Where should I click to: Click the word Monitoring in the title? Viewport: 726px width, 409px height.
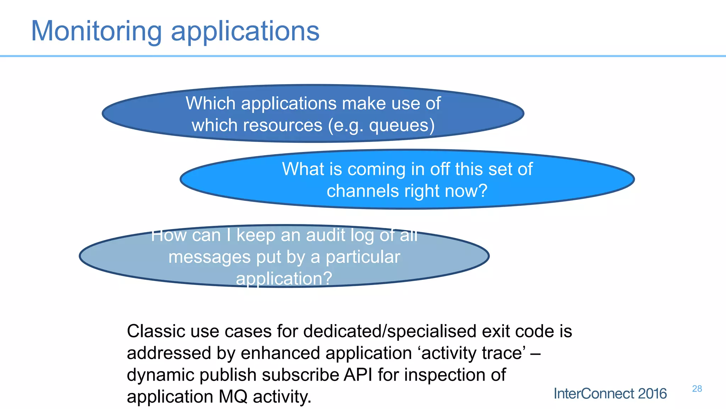[96, 31]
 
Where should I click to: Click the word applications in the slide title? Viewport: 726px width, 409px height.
[245, 31]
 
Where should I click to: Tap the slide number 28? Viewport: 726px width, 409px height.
[697, 389]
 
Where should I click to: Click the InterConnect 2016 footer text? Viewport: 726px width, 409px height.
[610, 394]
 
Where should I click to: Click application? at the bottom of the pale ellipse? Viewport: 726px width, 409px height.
[284, 278]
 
